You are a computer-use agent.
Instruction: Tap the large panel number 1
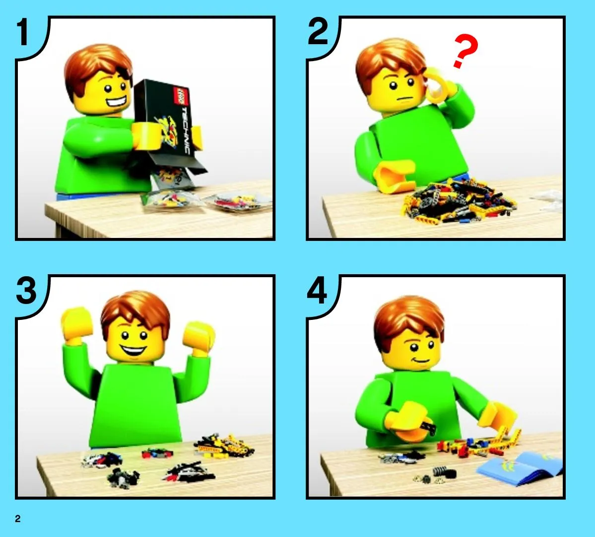point(23,32)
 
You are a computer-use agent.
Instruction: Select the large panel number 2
point(318,32)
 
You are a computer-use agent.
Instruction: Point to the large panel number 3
point(26,291)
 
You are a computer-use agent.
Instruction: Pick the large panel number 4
point(317,291)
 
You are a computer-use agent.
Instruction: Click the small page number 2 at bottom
point(18,519)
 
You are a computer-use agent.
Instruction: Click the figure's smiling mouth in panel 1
point(116,102)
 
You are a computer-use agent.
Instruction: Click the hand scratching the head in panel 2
point(440,86)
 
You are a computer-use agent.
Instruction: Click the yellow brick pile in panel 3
point(224,445)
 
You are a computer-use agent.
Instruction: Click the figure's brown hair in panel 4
point(408,321)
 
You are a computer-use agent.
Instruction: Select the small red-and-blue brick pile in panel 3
point(157,453)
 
